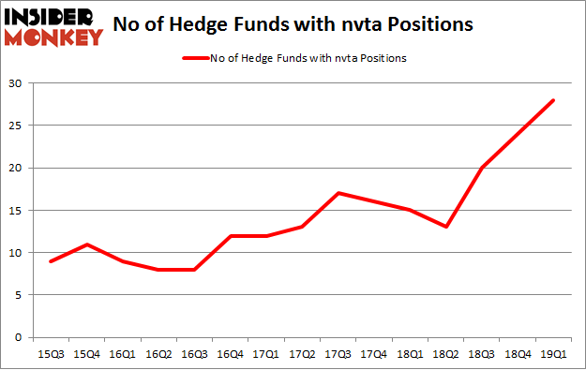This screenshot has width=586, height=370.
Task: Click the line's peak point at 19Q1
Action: (554, 100)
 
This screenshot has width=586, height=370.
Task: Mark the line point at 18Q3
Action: (482, 168)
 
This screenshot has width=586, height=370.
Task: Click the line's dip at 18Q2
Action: (446, 227)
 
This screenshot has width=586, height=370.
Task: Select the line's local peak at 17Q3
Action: (338, 193)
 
